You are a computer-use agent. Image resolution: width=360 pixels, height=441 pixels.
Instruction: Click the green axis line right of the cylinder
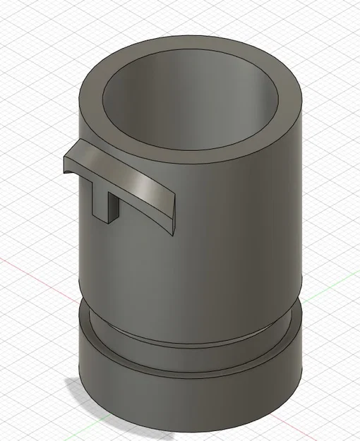332,282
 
